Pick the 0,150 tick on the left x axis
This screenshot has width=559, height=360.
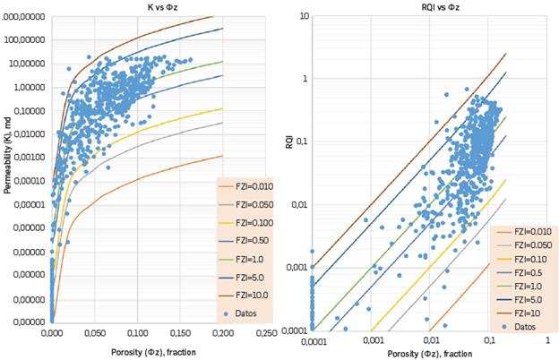138,332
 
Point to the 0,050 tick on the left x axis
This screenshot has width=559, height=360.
52,332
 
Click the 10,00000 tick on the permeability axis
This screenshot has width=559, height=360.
27,64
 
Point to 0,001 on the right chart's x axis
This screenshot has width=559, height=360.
372,341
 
